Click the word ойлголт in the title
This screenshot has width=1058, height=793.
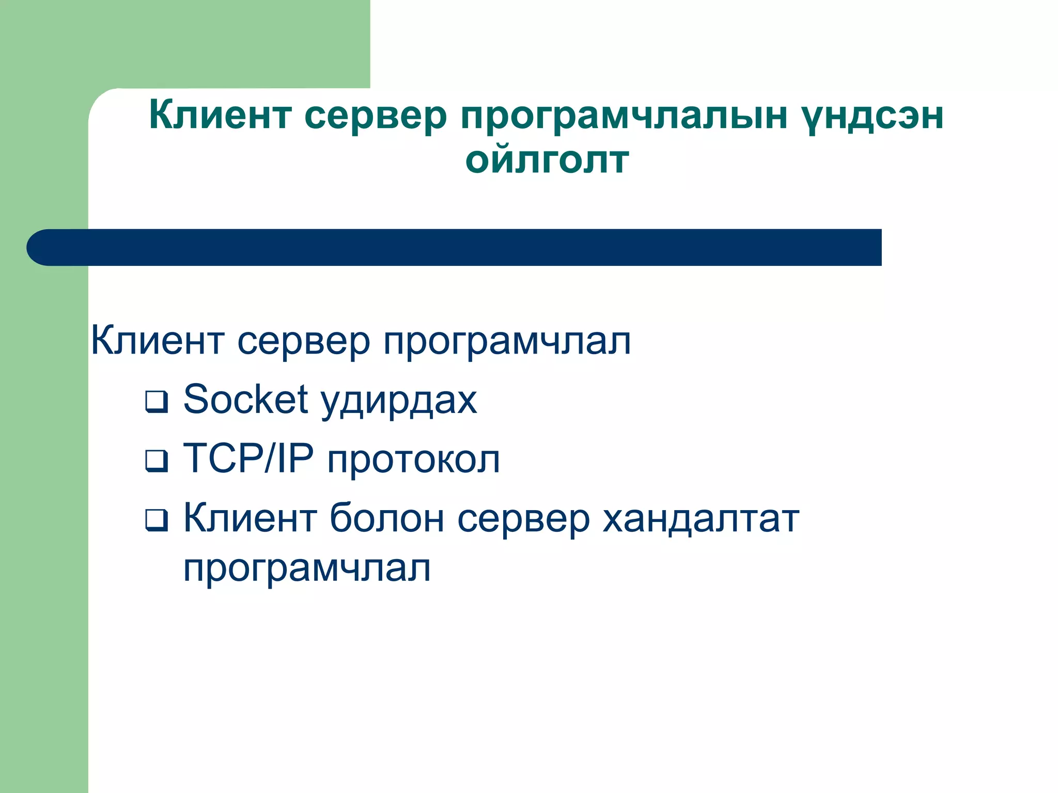coord(547,161)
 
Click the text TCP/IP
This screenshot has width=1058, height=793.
coord(248,458)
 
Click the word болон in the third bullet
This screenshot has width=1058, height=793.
coord(386,518)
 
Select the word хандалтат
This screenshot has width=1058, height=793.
coord(701,518)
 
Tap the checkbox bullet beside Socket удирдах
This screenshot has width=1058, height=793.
coord(157,402)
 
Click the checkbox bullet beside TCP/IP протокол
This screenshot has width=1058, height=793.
coord(157,461)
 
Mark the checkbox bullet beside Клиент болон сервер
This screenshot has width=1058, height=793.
coord(157,520)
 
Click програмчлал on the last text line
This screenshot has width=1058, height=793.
coord(307,569)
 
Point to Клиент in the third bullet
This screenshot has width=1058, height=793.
coord(250,518)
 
